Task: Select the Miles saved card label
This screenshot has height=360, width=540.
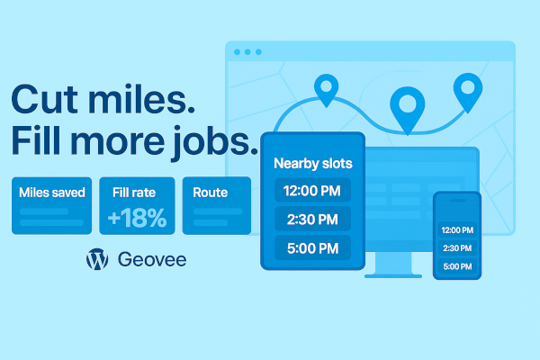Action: point(51,192)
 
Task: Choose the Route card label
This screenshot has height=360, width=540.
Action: point(210,192)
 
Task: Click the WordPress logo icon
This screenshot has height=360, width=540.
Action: point(97,260)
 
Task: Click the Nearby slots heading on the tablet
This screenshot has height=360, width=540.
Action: point(312,164)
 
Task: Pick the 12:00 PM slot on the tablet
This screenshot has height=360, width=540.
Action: point(312,191)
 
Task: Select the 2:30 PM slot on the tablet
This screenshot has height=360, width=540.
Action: point(312,220)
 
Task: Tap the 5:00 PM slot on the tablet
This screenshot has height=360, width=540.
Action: point(312,248)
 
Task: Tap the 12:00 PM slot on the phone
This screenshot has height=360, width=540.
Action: point(457,229)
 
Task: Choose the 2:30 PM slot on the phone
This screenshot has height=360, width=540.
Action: point(457,247)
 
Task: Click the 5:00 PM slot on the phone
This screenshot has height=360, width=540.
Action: point(457,266)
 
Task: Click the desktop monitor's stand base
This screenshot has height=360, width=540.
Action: point(391,273)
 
